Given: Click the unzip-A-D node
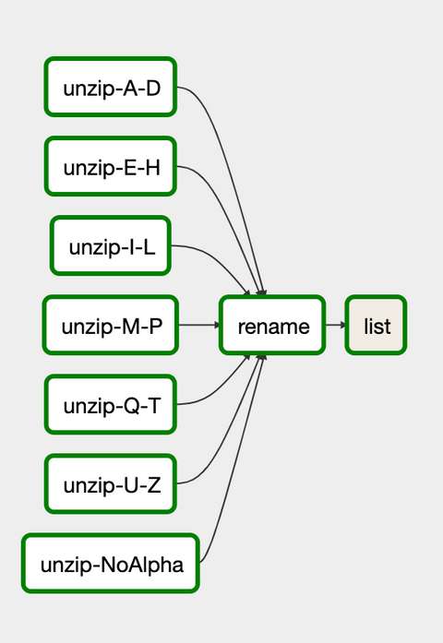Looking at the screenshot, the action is [111, 87].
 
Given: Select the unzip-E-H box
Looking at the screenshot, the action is [111, 166].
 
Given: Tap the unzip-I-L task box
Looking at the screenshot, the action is [111, 245].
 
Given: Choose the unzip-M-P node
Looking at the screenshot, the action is [111, 325].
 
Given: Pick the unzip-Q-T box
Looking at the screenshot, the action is [111, 404].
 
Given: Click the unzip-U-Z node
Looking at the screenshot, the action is [111, 483].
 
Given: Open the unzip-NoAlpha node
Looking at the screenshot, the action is [111, 563].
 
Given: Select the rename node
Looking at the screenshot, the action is [273, 325].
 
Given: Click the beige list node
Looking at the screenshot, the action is [376, 325].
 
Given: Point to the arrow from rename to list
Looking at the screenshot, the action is [336, 325].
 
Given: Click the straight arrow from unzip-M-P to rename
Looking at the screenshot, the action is [199, 325].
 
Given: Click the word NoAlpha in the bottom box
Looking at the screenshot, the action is [142, 565].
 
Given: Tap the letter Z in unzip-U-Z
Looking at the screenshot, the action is [154, 485].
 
